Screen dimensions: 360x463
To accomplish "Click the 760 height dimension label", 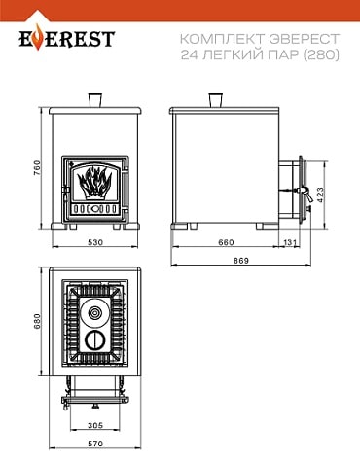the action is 37,168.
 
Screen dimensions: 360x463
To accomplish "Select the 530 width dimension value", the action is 95,242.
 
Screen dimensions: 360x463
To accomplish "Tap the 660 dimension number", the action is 226,242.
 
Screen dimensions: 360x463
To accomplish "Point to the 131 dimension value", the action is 290,242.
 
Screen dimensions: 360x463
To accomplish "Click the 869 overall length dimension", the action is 241,261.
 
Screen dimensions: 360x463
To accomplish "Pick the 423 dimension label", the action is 320,195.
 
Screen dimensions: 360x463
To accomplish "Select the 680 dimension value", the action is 37,321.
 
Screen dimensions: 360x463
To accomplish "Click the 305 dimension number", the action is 95,425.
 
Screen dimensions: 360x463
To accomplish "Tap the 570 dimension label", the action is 95,444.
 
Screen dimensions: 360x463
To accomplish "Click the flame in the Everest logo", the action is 39,38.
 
